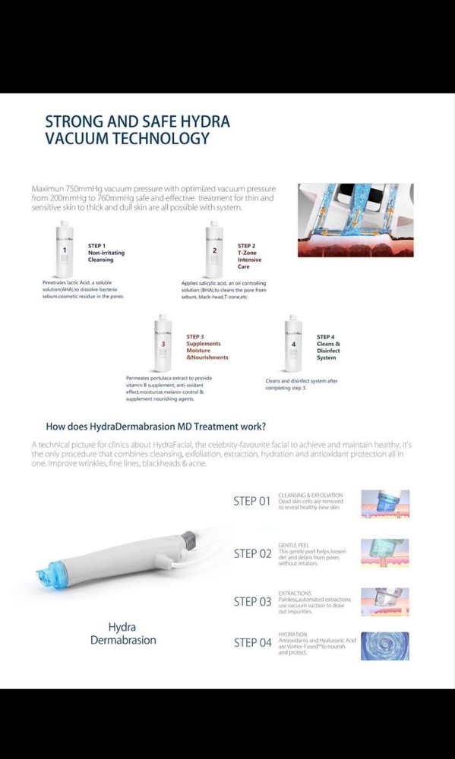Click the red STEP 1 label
97,246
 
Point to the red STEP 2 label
246,246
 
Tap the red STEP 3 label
195,335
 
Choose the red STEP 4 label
326,336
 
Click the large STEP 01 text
252,502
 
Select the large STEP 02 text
252,553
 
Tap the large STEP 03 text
252,602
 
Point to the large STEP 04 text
252,643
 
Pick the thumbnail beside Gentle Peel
384,553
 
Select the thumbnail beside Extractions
384,601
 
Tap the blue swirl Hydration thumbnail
384,646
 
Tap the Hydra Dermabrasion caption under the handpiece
123,634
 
